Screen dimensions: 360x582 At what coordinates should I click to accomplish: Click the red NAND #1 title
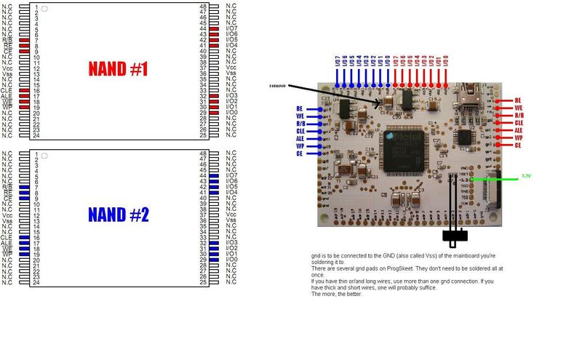click(x=118, y=70)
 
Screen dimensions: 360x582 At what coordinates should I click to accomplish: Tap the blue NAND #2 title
click(x=118, y=215)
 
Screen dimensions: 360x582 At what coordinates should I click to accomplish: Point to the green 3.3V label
click(x=526, y=176)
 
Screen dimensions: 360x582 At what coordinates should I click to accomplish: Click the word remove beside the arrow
click(x=277, y=86)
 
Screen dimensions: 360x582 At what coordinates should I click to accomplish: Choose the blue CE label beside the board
click(x=300, y=153)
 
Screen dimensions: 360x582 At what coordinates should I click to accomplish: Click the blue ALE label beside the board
click(x=300, y=138)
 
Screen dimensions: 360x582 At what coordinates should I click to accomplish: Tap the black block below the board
click(x=455, y=236)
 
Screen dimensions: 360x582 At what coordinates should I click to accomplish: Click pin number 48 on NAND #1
click(x=203, y=7)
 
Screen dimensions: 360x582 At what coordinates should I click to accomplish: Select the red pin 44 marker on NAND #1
click(x=213, y=28)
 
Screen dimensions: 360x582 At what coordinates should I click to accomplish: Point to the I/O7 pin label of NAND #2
click(x=232, y=175)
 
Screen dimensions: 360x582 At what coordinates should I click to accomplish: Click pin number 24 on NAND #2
click(x=36, y=281)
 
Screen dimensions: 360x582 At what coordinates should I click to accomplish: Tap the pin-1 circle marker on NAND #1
click(x=45, y=8)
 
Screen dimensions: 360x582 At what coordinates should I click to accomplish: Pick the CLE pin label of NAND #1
click(x=7, y=90)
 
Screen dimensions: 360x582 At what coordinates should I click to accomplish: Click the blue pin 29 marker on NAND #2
click(x=213, y=260)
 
